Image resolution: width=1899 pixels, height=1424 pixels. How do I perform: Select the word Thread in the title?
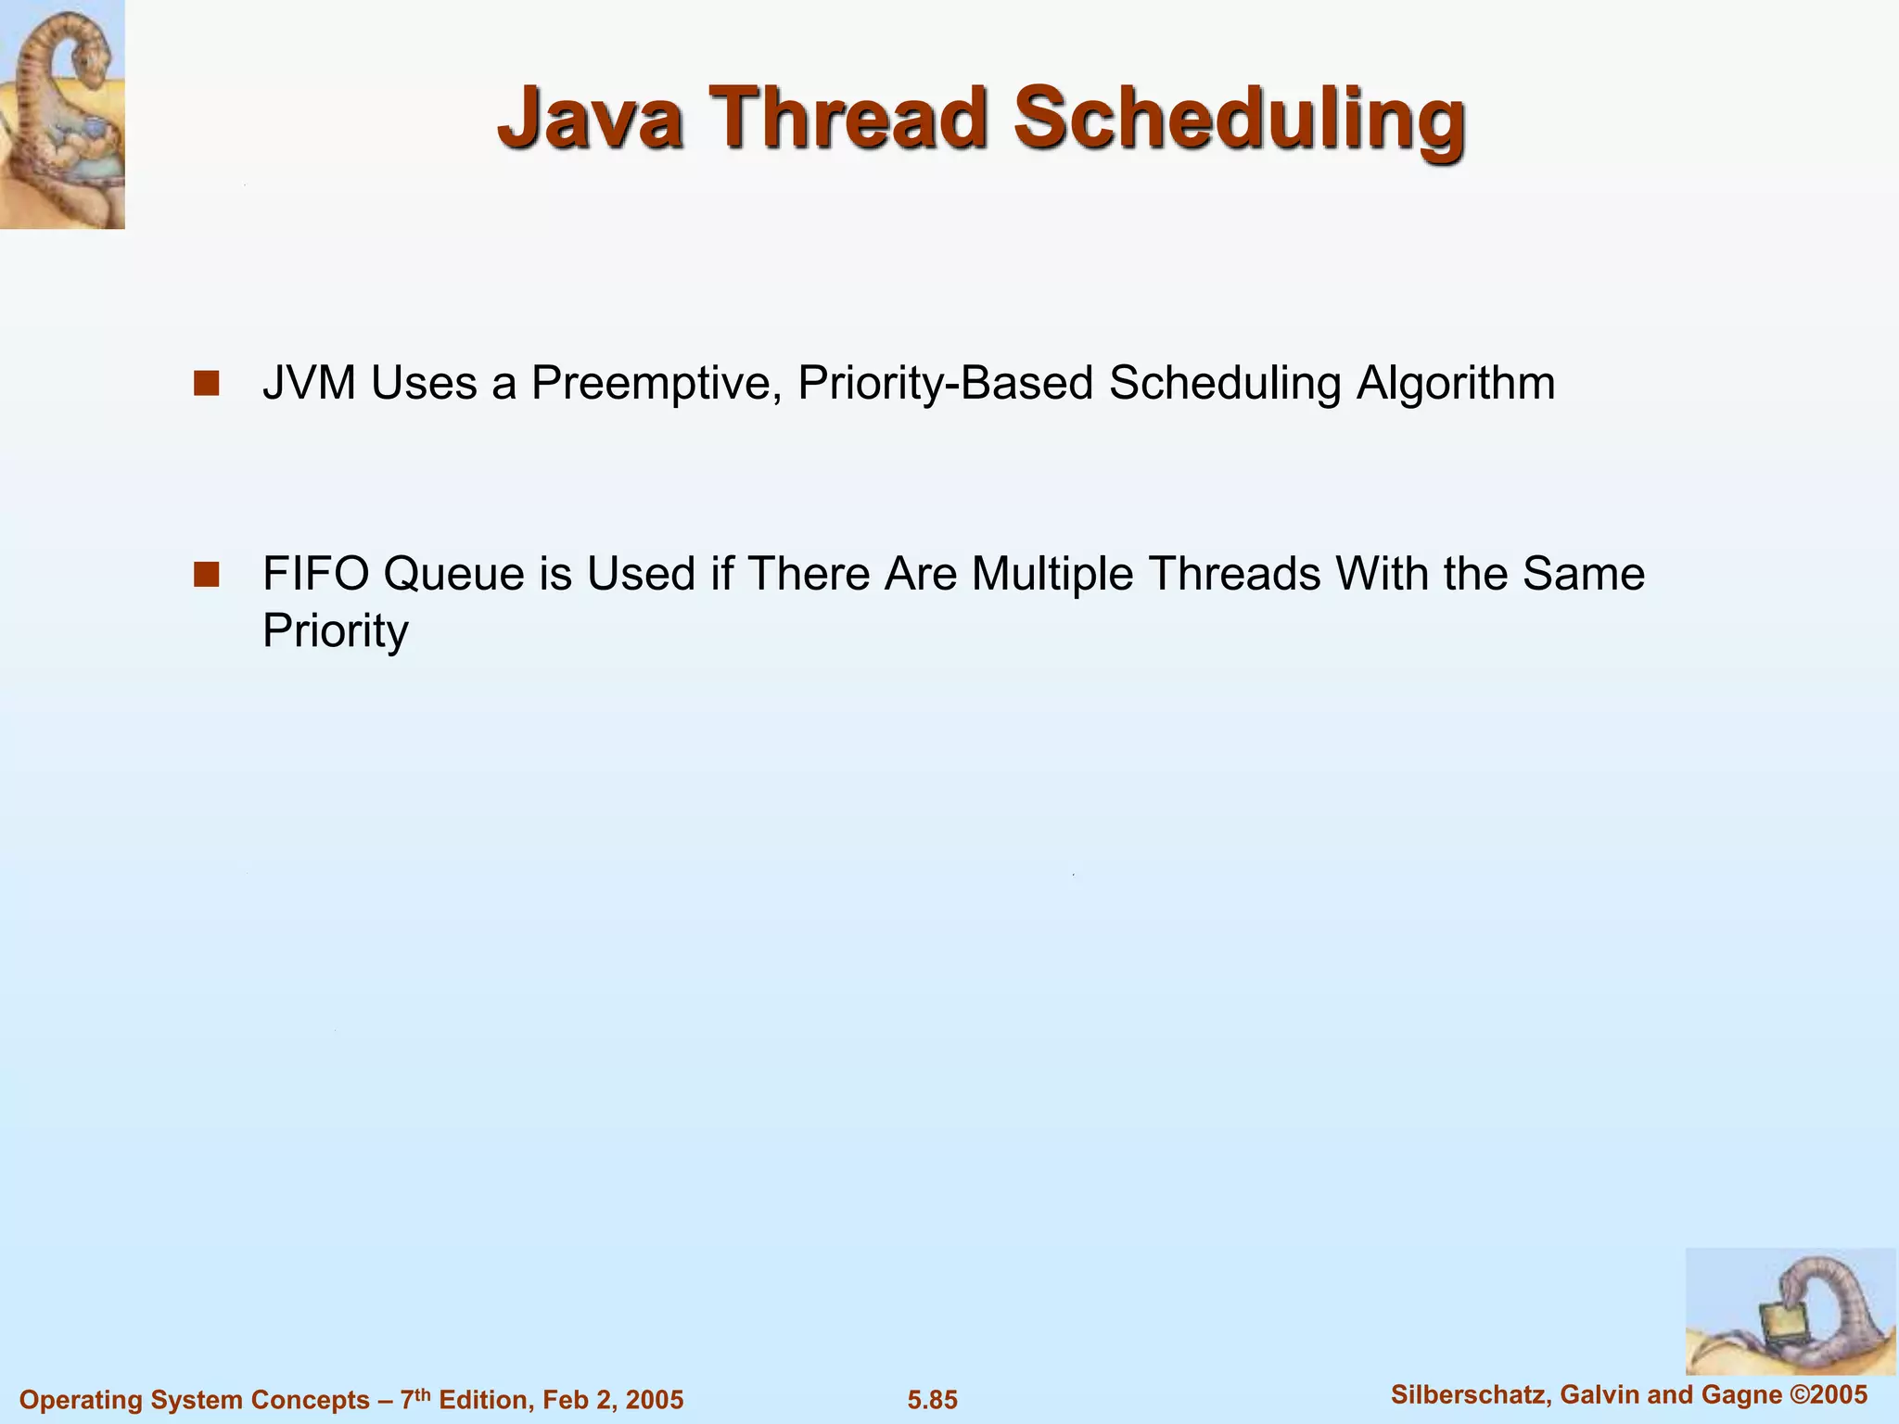click(x=848, y=118)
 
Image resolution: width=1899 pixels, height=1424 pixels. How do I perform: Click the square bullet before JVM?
click(x=206, y=383)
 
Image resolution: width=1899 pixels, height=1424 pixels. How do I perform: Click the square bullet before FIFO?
click(x=206, y=574)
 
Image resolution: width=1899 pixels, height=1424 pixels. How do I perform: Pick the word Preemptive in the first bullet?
click(x=654, y=384)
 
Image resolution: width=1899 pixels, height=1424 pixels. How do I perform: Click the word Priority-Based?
click(x=945, y=384)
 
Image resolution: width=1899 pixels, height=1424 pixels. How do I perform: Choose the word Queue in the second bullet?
click(x=454, y=575)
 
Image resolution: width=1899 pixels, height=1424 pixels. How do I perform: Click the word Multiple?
click(x=1052, y=575)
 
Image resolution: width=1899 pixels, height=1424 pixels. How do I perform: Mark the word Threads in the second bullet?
click(x=1234, y=574)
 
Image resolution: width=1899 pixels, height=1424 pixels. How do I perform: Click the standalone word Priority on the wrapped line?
click(x=335, y=632)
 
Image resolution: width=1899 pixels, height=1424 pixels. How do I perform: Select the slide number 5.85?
click(x=932, y=1400)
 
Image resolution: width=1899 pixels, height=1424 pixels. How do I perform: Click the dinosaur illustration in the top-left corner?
click(x=62, y=114)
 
